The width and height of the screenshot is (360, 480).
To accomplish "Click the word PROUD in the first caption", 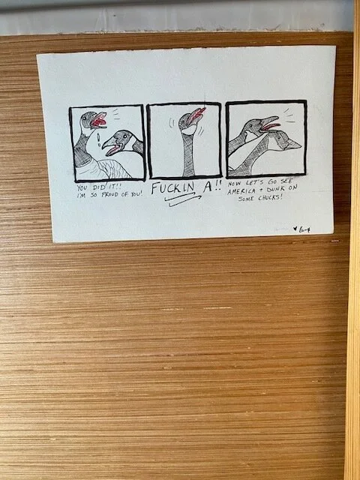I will tap(108, 195).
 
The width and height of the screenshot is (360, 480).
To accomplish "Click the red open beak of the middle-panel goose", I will tap(196, 115).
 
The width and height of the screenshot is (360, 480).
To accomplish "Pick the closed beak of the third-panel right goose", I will tap(292, 142).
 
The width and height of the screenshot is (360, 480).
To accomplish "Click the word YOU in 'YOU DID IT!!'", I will tap(82, 187).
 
